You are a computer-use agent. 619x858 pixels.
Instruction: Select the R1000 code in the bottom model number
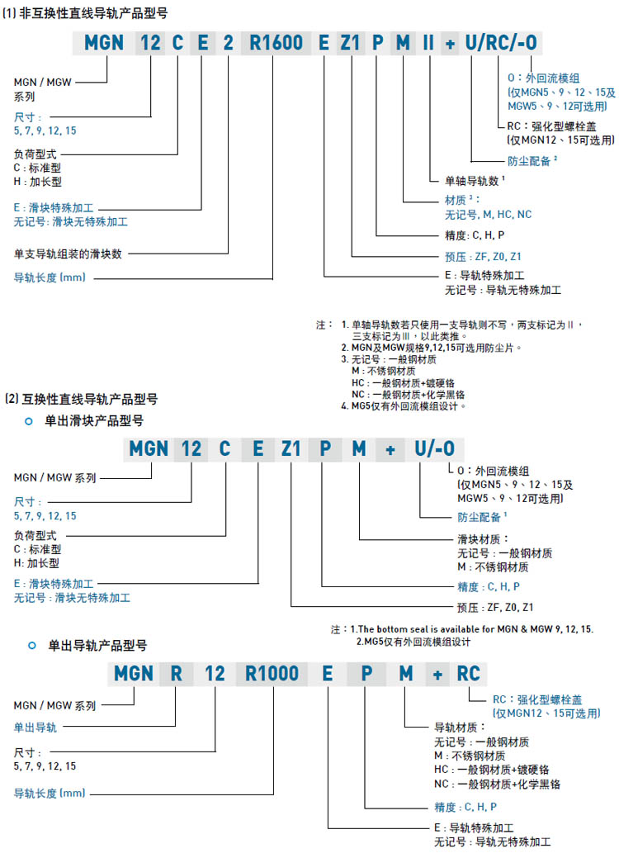click(272, 674)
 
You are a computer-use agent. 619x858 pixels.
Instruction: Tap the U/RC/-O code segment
click(505, 44)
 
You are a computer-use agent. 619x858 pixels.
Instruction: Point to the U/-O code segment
click(434, 448)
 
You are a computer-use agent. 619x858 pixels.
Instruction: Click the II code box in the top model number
click(428, 44)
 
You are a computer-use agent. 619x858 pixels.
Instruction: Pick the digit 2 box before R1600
click(228, 44)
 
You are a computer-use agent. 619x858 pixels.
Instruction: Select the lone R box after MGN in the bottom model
click(176, 674)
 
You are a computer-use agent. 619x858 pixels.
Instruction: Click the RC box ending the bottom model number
click(468, 674)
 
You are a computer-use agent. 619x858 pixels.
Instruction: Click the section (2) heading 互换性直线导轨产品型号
click(87, 399)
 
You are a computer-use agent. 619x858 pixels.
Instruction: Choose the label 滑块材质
click(479, 538)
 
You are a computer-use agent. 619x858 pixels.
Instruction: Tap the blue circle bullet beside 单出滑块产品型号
click(30, 421)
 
